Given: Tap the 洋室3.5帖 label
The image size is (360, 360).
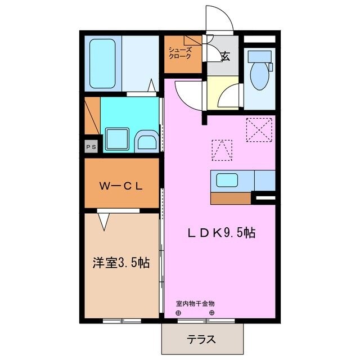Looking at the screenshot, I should click(121, 262).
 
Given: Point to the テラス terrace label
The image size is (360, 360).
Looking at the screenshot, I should click(204, 339).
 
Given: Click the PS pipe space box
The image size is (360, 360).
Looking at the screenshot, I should click(91, 146).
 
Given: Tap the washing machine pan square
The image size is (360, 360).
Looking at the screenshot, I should click(118, 138).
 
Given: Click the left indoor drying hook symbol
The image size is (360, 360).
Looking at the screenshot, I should click(179, 313).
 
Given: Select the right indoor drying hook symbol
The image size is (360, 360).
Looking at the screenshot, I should click(212, 313).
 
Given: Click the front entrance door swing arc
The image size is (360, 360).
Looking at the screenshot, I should click(219, 20).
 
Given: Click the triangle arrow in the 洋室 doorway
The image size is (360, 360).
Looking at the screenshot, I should click(105, 222).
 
